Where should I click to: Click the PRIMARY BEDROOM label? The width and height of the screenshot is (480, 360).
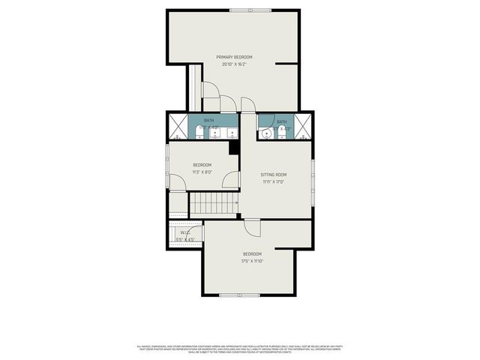point(234,57)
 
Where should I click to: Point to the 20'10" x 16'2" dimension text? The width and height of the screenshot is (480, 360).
point(234,64)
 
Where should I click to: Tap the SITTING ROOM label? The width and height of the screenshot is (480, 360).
point(274,175)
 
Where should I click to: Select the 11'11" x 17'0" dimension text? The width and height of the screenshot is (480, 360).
point(274,181)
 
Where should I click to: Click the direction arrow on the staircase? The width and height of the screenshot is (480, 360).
point(235,202)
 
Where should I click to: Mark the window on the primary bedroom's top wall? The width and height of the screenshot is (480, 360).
point(240,10)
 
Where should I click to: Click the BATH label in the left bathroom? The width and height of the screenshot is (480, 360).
point(209,121)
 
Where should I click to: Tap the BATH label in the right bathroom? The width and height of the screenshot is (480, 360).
point(281,121)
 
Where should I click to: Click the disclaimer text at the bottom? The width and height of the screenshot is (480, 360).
point(240,348)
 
